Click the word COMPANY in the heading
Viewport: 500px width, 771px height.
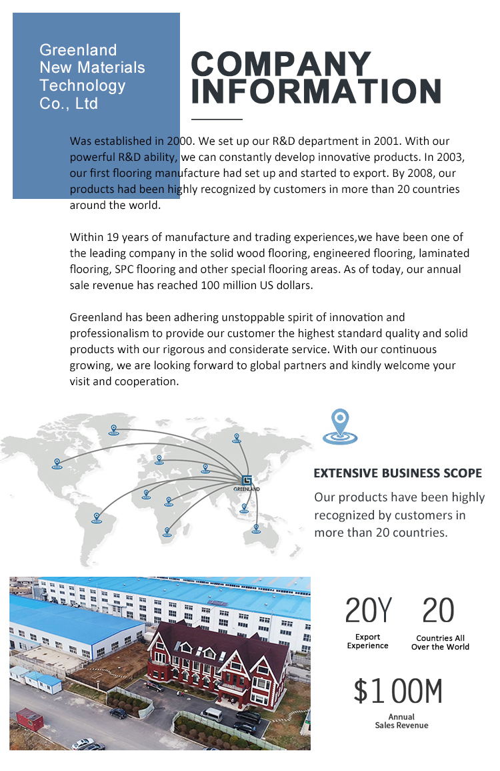(x=281, y=65)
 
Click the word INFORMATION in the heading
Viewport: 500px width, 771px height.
(x=317, y=91)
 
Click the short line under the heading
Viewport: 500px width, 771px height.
(x=217, y=119)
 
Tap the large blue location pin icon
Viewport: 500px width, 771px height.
(x=340, y=427)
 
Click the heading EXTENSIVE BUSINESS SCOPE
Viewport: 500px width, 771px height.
(x=397, y=473)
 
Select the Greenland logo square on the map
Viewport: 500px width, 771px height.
(x=247, y=480)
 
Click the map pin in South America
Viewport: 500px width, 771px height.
(x=97, y=517)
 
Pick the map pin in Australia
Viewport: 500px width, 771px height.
(x=256, y=529)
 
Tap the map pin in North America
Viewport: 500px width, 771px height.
(x=57, y=463)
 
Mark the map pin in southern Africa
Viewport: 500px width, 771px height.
(x=167, y=532)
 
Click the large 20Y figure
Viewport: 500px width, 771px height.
(x=368, y=611)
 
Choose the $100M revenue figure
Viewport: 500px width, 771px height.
(x=397, y=692)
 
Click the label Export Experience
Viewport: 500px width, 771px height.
(x=367, y=641)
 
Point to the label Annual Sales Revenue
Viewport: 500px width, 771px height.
(x=401, y=722)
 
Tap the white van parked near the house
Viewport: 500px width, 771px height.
(x=211, y=714)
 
